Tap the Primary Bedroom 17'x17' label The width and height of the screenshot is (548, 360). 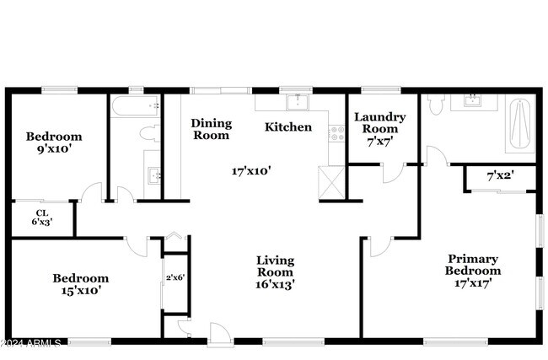coord(473,271)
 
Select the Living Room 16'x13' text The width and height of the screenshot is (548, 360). coord(276,272)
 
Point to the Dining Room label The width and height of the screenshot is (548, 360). coord(211,129)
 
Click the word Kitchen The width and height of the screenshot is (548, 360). coord(288,126)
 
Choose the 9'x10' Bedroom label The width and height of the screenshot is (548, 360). coord(54,142)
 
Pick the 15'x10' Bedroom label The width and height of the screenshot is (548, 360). coord(81,284)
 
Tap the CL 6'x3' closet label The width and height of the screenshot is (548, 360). coord(42,218)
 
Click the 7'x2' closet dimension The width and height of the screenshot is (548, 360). coord(500,176)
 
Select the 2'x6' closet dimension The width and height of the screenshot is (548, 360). coord(175,278)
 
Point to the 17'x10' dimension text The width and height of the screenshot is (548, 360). coord(251,171)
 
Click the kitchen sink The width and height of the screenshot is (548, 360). coord(298,102)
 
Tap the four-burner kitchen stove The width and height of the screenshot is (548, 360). coord(337,133)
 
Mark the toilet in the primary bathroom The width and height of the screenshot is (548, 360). coord(436,105)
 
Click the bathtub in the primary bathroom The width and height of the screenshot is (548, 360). coord(520,124)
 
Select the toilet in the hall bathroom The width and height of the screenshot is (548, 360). coord(150,133)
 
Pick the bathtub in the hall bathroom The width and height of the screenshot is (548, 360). coord(136,106)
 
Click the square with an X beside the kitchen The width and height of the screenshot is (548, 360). coord(331,182)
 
